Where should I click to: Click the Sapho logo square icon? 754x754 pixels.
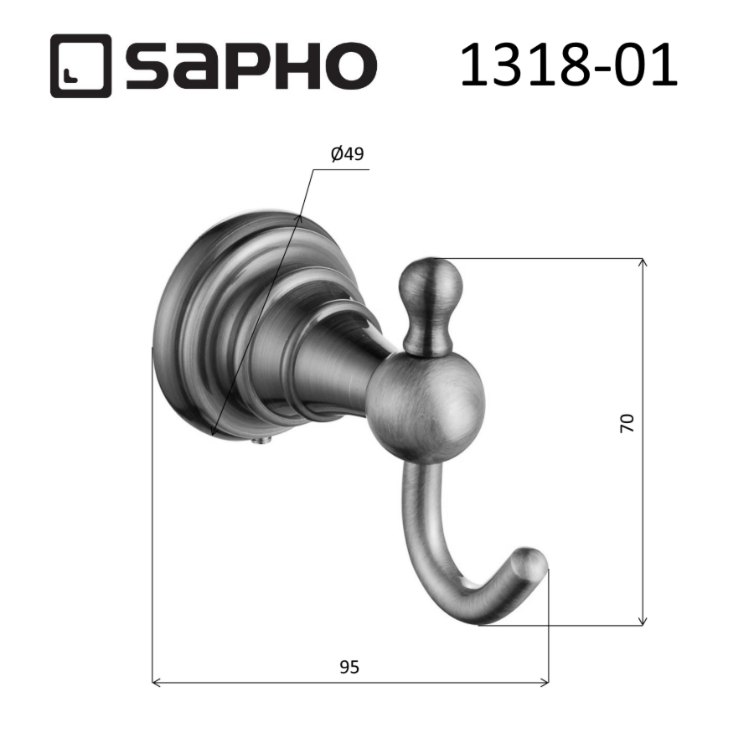(x=80, y=66)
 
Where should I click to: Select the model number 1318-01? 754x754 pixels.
(x=568, y=65)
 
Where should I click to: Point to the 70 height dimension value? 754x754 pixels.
(x=627, y=422)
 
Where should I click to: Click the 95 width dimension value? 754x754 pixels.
(x=349, y=667)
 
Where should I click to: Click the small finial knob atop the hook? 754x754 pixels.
(x=430, y=289)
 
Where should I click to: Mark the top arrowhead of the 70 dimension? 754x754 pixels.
(x=643, y=264)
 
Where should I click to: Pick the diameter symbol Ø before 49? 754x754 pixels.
(x=337, y=154)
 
